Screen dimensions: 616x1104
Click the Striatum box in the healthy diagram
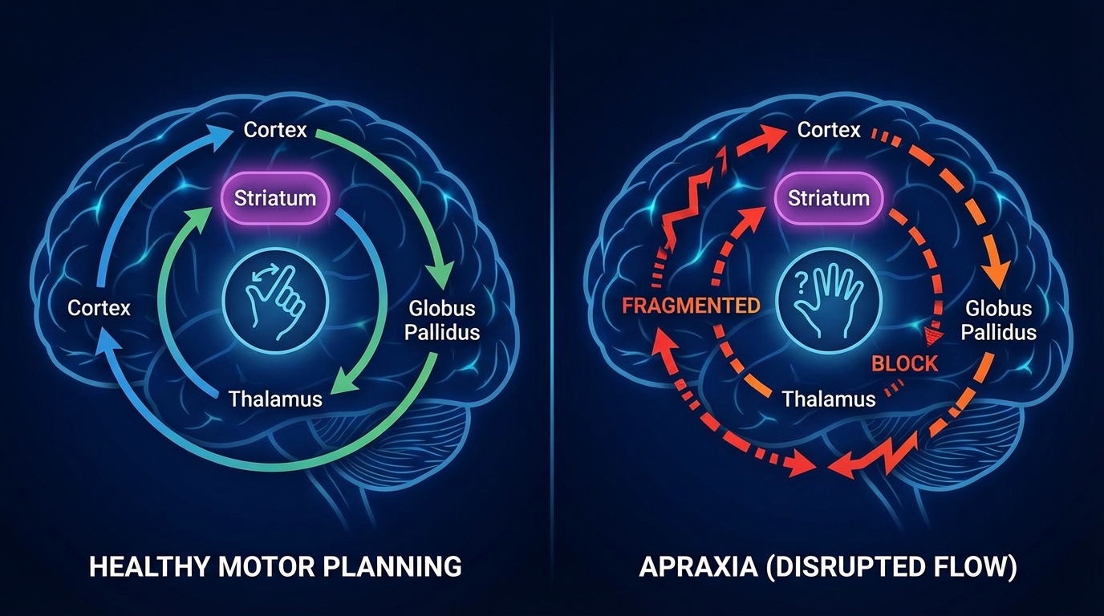coord(274,198)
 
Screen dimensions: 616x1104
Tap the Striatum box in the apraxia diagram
coord(829,198)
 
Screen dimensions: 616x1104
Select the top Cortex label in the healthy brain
coord(275,129)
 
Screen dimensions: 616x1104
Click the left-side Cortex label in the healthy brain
coord(99,307)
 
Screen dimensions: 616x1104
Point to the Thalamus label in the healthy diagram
coord(275,399)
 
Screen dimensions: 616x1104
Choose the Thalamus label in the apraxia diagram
coord(829,399)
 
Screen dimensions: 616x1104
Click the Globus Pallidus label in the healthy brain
coord(442,320)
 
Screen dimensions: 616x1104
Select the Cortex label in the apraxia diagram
coord(829,129)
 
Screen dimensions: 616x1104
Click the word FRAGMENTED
coord(691,306)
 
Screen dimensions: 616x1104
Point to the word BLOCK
coord(904,363)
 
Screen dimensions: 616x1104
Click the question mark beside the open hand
coord(800,282)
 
